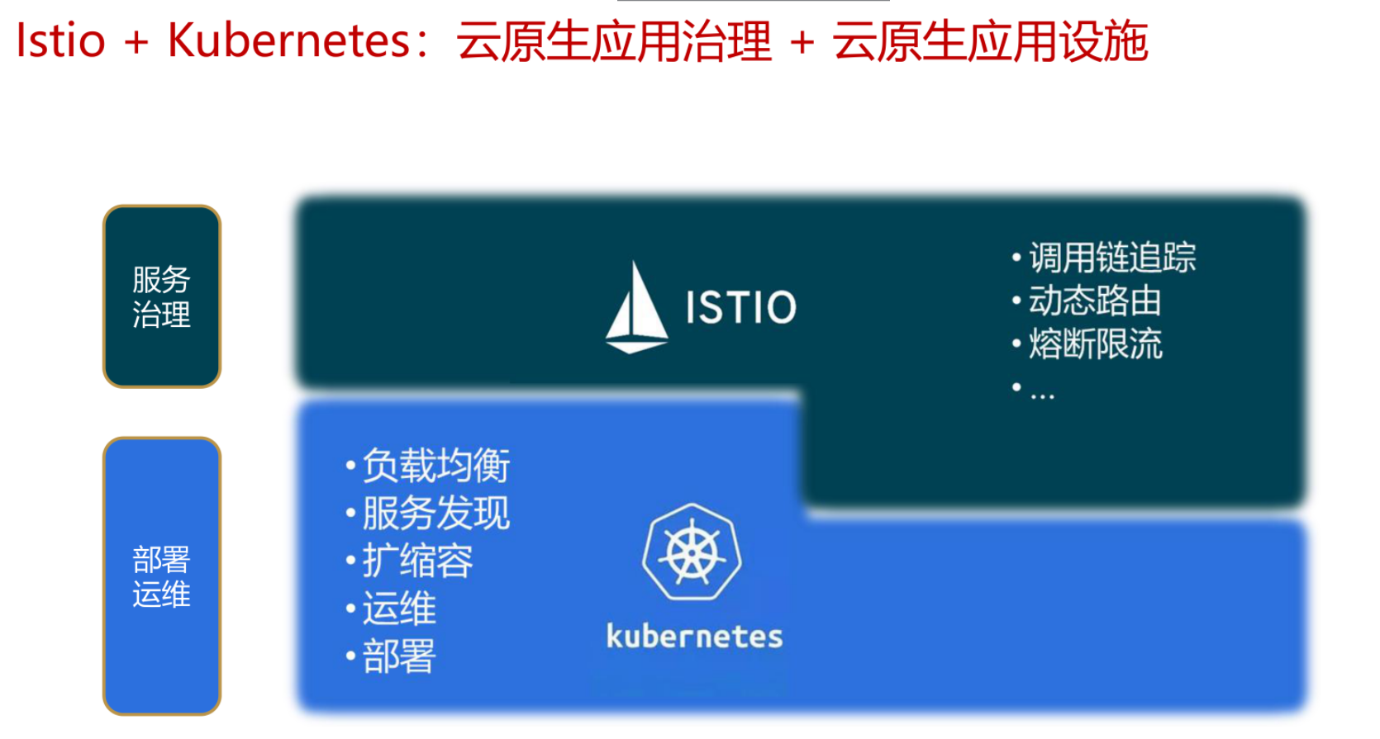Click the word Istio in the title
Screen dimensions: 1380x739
60,40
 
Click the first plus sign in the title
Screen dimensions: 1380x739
136,43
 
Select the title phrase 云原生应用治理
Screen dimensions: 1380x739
614,41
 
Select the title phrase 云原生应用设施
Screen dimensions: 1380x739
991,41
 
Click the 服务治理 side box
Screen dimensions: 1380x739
162,296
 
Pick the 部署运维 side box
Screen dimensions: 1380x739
162,576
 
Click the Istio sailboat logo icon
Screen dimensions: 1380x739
636,307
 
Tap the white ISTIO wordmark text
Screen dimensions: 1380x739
741,306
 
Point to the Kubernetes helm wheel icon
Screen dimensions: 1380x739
692,552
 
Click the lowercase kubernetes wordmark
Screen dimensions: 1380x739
694,636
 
